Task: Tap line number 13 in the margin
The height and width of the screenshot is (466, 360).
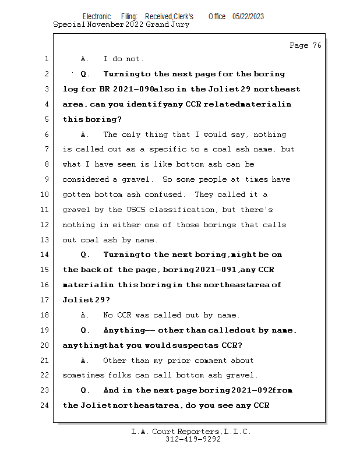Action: coord(46,240)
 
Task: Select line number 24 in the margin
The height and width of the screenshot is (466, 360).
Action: coord(46,405)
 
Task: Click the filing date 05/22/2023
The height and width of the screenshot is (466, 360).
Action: coord(248,17)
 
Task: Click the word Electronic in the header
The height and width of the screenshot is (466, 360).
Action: coord(96,17)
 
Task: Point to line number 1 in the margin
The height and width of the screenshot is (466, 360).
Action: coord(46,59)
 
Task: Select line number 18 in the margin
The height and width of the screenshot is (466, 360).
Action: coord(46,315)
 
